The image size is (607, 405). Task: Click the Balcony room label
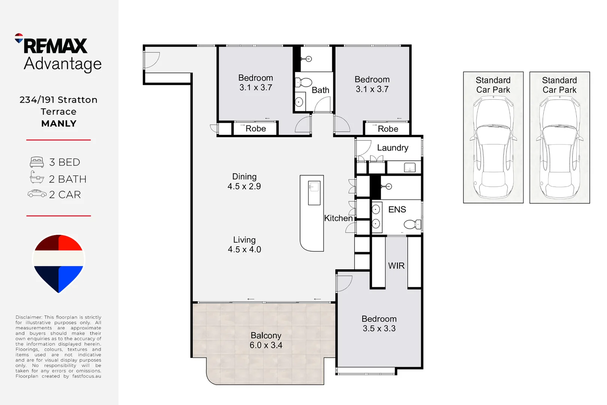[266, 336]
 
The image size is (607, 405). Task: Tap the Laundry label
[393, 148]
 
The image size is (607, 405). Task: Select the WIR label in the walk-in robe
[396, 266]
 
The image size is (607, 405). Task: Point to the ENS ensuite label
[397, 209]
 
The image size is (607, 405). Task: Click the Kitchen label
[338, 218]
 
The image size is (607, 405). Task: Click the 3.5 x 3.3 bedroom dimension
[379, 328]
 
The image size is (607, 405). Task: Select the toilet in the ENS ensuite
[412, 224]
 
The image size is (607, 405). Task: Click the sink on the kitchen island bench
[314, 193]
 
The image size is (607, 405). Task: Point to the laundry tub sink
[410, 167]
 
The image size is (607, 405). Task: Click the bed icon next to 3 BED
[37, 162]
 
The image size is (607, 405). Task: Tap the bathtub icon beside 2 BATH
[37, 177]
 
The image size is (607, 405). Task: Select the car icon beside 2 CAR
[37, 194]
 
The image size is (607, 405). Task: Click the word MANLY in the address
[59, 123]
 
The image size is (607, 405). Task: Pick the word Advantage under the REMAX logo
[63, 64]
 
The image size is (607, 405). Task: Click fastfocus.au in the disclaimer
[87, 376]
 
